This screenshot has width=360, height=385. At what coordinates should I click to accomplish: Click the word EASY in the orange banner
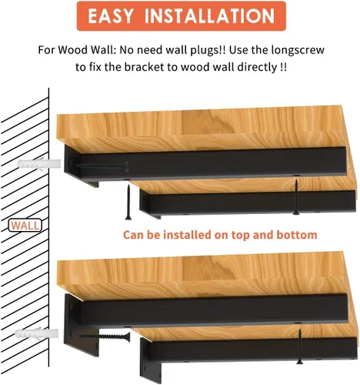[x=111, y=16]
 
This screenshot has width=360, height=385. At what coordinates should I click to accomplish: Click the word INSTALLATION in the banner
[x=209, y=16]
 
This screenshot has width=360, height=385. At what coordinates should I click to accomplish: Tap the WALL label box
[x=25, y=226]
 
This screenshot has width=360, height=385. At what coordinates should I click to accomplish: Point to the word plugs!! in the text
[x=208, y=50]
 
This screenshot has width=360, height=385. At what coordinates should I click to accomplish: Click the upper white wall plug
[x=39, y=164]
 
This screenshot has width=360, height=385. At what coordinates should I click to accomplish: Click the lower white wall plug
[x=37, y=333]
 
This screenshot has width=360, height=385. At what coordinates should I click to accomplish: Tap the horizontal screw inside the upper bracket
[x=102, y=166]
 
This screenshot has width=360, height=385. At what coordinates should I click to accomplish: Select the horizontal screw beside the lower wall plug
[x=105, y=336]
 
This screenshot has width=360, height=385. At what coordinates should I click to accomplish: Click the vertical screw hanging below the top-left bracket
[x=128, y=203]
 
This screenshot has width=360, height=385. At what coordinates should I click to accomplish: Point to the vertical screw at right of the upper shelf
[x=296, y=197]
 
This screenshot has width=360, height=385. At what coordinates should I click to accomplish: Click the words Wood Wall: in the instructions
[x=87, y=50]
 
